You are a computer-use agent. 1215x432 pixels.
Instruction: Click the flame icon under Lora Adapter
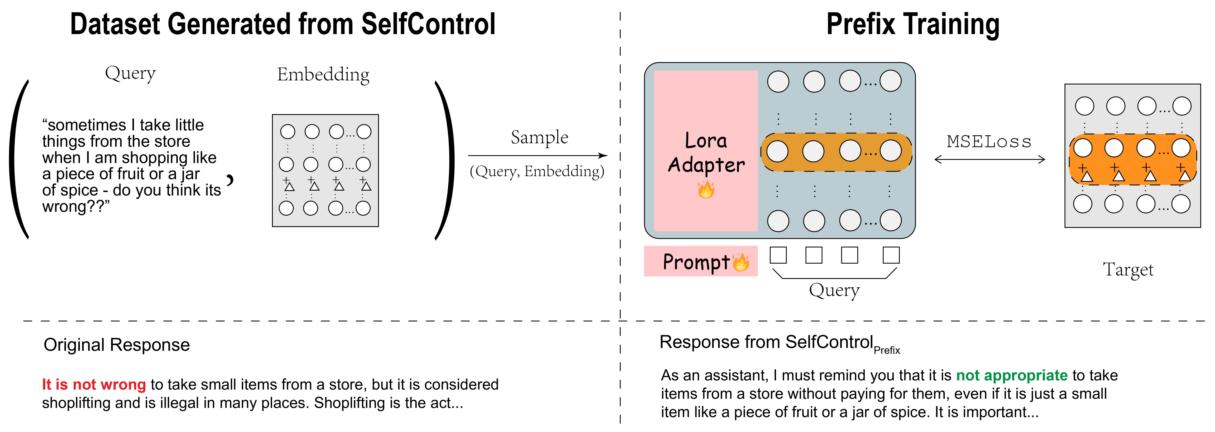(706, 190)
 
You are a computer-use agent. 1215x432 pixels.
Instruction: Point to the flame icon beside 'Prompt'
(741, 262)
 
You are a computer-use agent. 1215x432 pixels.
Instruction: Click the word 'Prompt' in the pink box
(696, 262)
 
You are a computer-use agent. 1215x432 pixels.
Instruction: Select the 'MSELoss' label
(989, 142)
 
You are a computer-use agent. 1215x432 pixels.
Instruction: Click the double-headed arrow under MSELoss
(989, 160)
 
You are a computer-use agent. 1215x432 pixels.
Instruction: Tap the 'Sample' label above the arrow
(540, 137)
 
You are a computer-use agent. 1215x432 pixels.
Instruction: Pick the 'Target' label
(1128, 270)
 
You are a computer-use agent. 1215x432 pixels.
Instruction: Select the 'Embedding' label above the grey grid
(323, 75)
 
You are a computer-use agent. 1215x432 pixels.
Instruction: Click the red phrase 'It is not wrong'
(94, 384)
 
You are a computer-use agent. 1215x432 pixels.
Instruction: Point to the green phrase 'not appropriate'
(1012, 375)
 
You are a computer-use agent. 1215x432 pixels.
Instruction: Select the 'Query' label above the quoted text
(130, 73)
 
